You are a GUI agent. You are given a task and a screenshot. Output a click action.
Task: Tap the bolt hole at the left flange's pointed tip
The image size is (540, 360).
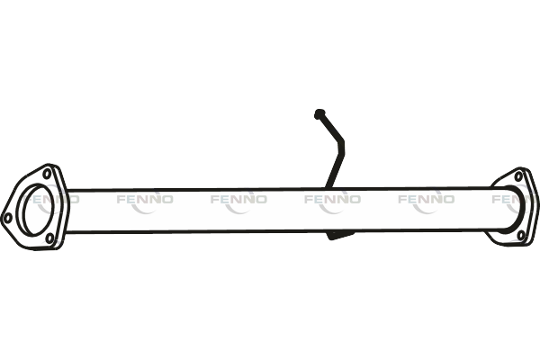(8, 217)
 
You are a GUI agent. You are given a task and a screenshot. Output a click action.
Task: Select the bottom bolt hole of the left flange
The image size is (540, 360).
(50, 238)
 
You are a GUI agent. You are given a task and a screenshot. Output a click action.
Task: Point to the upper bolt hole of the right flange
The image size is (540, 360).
(517, 177)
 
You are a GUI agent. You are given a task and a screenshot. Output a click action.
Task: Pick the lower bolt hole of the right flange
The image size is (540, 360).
(520, 236)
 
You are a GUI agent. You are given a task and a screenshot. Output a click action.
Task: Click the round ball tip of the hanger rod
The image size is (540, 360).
(319, 113)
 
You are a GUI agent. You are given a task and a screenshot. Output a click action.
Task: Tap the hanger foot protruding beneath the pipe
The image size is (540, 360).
(334, 237)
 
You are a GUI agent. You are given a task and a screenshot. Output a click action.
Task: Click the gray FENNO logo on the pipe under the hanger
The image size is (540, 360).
(331, 200)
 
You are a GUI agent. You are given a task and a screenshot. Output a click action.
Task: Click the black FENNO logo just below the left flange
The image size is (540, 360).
(50, 254)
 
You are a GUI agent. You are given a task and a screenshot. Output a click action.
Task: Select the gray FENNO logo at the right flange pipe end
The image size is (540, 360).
(508, 200)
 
